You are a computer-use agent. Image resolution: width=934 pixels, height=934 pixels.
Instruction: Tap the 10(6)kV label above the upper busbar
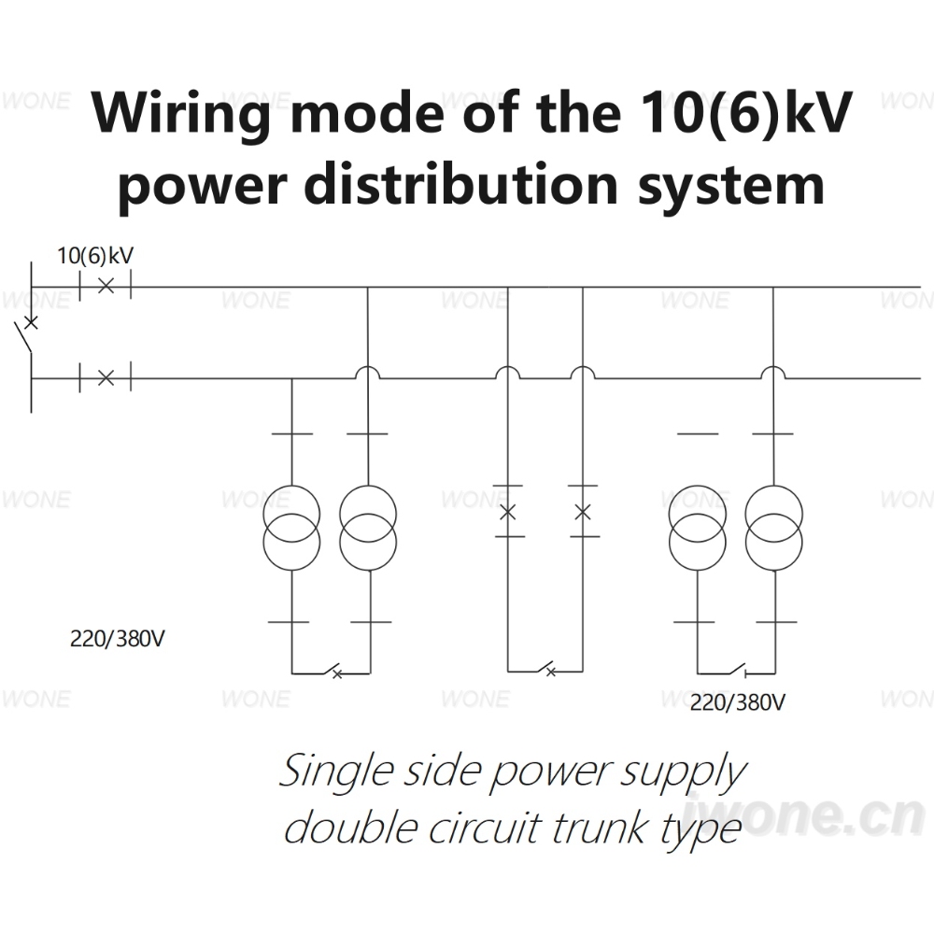click(95, 256)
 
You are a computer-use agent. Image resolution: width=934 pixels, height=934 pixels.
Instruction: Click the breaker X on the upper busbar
click(106, 286)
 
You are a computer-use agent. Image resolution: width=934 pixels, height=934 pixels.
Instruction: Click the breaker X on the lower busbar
click(106, 377)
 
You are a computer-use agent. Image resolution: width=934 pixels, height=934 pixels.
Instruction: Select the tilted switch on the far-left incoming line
click(25, 333)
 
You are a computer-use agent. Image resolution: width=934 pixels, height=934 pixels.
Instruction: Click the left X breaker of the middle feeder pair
click(507, 512)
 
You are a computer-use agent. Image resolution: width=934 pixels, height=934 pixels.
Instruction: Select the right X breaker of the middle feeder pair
click(583, 512)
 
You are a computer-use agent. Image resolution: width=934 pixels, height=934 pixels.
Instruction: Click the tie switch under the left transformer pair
click(332, 671)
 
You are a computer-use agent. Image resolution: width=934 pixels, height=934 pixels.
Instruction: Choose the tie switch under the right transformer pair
click(736, 670)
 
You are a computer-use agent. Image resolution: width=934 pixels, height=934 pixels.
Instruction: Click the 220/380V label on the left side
click(118, 639)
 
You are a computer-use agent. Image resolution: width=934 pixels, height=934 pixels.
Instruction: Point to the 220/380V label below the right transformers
click(738, 703)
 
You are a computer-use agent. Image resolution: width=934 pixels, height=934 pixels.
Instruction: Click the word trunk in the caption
click(600, 828)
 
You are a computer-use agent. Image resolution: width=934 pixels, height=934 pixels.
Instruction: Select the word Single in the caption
click(336, 772)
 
